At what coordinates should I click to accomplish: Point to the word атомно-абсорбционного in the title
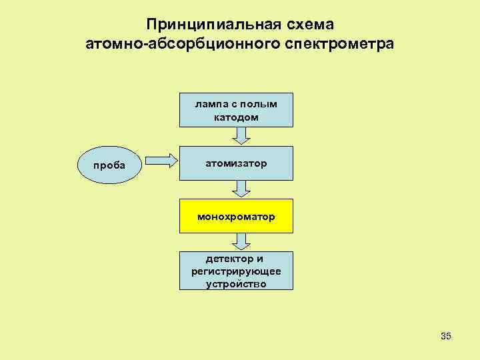[x=185, y=45]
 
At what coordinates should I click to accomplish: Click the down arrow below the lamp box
[x=242, y=135]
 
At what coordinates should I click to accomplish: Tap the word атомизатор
[x=236, y=163]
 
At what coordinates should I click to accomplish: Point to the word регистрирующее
[x=236, y=271]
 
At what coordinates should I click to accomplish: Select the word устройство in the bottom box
[x=236, y=283]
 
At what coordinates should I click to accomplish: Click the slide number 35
[x=446, y=336]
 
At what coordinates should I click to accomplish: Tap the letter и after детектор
[x=261, y=259]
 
